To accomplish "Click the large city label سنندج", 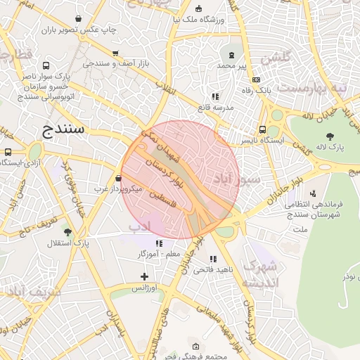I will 64,129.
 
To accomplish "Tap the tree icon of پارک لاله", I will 330,136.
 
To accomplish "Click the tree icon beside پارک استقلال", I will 67,231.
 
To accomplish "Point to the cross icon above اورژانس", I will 144,277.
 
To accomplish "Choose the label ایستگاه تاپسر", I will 263,141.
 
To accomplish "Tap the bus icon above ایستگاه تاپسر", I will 262,130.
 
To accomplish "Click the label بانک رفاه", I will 256,91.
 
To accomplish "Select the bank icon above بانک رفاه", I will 256,80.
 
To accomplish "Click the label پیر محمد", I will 231,65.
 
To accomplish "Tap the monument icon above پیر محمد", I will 231,54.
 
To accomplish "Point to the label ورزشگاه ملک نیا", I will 199,20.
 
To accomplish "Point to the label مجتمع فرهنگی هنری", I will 195,356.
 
